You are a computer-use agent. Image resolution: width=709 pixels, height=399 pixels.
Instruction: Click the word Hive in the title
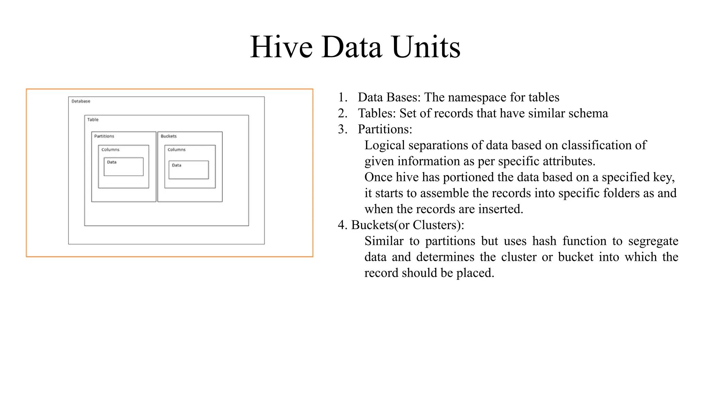coord(281,47)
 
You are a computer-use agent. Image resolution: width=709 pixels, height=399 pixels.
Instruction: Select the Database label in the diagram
coord(81,101)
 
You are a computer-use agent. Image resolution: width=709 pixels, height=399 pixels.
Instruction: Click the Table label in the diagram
coord(93,119)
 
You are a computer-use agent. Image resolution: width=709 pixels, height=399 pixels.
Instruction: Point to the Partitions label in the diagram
coord(104,136)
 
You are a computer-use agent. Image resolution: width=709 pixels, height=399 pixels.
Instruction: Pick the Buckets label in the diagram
coord(169,136)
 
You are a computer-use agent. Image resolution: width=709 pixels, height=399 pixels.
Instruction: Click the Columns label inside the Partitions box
coord(110,150)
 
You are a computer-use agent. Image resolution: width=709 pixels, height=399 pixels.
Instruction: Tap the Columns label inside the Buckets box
coord(177,150)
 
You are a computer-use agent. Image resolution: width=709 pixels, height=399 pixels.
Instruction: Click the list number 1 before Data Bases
coord(342,97)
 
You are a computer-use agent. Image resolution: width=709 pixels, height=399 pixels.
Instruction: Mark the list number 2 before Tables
coord(342,113)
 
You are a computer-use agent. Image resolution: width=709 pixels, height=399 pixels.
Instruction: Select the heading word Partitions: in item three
coord(385,129)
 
